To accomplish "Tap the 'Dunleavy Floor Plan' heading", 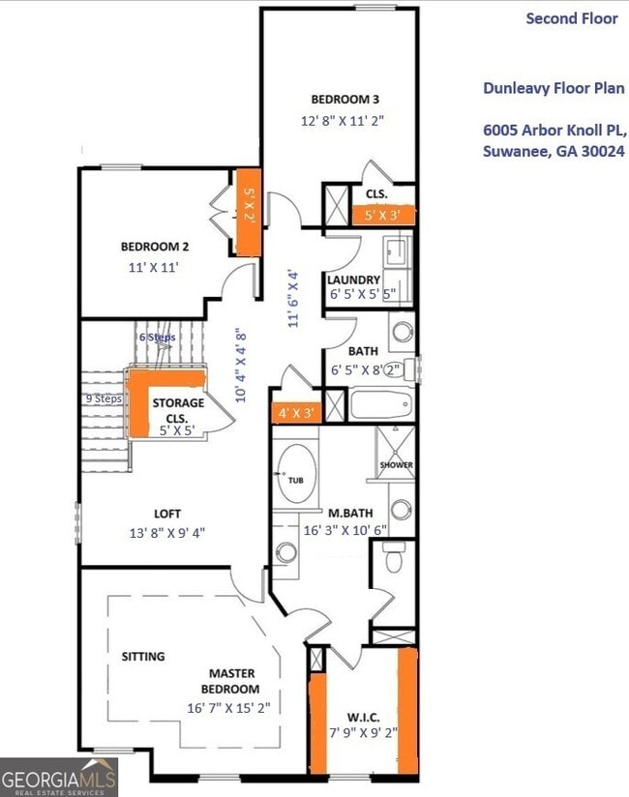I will [554, 88].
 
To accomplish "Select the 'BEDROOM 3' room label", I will [344, 100].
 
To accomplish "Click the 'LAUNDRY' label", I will [353, 280].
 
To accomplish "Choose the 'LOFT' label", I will [167, 514].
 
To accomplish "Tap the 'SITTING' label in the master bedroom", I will [143, 656].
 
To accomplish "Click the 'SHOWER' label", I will [396, 465].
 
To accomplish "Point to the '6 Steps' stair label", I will [157, 338].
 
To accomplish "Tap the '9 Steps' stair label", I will [103, 398].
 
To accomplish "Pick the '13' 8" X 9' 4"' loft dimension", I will [167, 532].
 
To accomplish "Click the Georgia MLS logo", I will [59, 778].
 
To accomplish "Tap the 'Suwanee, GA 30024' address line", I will [554, 151].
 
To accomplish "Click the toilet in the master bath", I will [394, 558].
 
